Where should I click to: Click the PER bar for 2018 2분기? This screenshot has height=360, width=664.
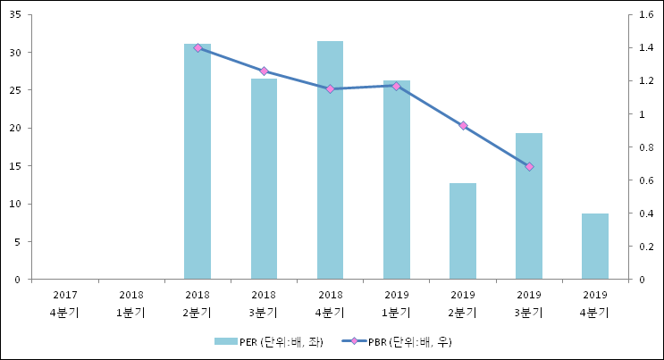[198, 161]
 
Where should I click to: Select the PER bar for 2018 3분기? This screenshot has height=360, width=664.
[264, 179]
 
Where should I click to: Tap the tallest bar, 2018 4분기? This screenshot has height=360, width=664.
[330, 160]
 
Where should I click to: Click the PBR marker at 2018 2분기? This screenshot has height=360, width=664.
[198, 47]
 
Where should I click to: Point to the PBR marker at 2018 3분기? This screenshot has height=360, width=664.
[264, 71]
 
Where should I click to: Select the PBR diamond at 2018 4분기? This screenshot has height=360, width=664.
[330, 89]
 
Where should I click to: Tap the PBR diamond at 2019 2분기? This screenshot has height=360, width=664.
[463, 126]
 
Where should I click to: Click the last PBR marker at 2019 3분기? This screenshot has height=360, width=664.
[529, 167]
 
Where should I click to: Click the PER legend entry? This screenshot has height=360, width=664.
[268, 341]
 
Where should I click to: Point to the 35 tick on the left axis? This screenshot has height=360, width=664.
[17, 14]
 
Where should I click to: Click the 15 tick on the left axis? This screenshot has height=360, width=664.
[17, 165]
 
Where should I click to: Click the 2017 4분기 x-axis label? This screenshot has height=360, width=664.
[64, 304]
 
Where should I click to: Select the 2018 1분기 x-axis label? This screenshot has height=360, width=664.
[130, 304]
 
